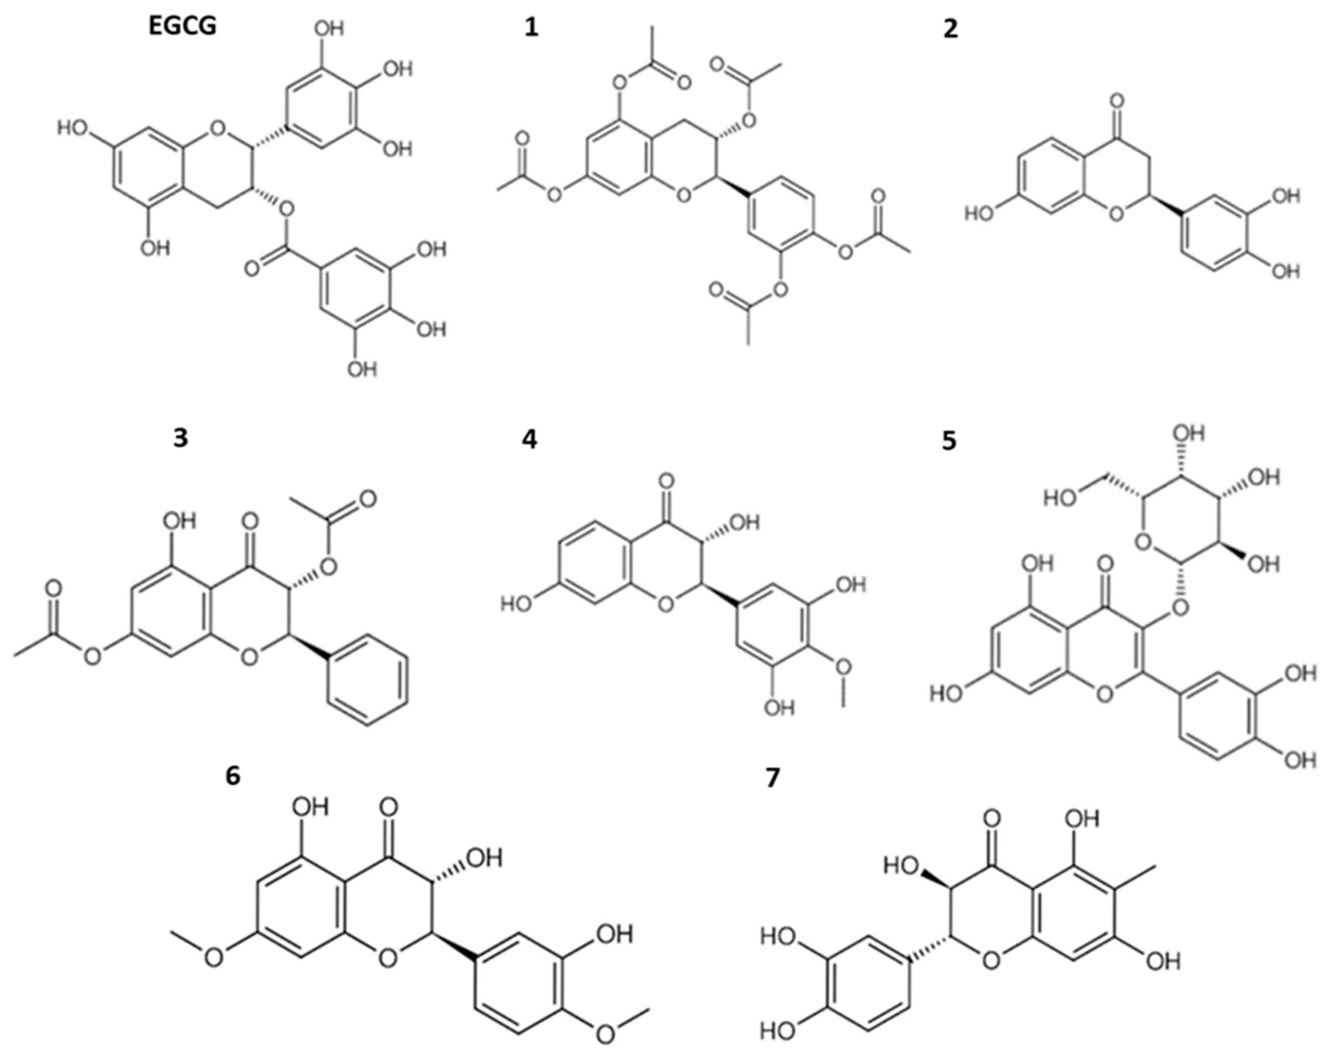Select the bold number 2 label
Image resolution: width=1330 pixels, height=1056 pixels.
click(951, 29)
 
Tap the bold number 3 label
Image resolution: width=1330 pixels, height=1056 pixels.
click(180, 439)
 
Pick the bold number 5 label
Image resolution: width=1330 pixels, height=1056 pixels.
click(949, 441)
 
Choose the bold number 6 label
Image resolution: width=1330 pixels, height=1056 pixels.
click(233, 775)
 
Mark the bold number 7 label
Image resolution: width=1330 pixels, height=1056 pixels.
click(772, 778)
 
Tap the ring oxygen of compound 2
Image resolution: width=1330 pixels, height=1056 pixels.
click(1116, 214)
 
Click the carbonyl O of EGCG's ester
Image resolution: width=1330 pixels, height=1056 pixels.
click(252, 269)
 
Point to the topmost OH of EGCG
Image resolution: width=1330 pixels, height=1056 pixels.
click(329, 28)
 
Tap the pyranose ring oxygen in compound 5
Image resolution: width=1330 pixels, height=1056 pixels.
click(1143, 543)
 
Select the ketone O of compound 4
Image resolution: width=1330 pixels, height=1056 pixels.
click(665, 480)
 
